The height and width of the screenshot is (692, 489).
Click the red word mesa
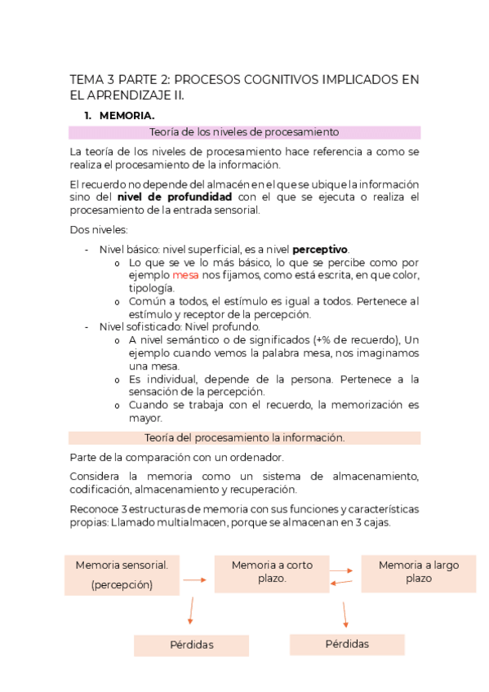pos(186,276)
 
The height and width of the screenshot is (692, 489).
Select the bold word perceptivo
pos(320,249)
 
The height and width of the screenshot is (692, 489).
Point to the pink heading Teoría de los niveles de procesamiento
pos(244,132)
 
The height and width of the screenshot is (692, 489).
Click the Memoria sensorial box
pos(122,574)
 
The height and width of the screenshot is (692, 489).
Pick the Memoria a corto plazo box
pos(271,571)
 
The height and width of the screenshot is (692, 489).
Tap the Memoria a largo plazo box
pos(417,571)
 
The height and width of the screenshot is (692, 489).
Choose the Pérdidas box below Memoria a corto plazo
pos(347,643)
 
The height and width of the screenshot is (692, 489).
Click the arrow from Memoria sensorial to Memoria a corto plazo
pos(193,580)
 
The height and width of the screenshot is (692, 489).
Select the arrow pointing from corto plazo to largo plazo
pos(345,571)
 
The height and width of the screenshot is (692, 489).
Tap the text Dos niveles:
pos(93,230)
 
